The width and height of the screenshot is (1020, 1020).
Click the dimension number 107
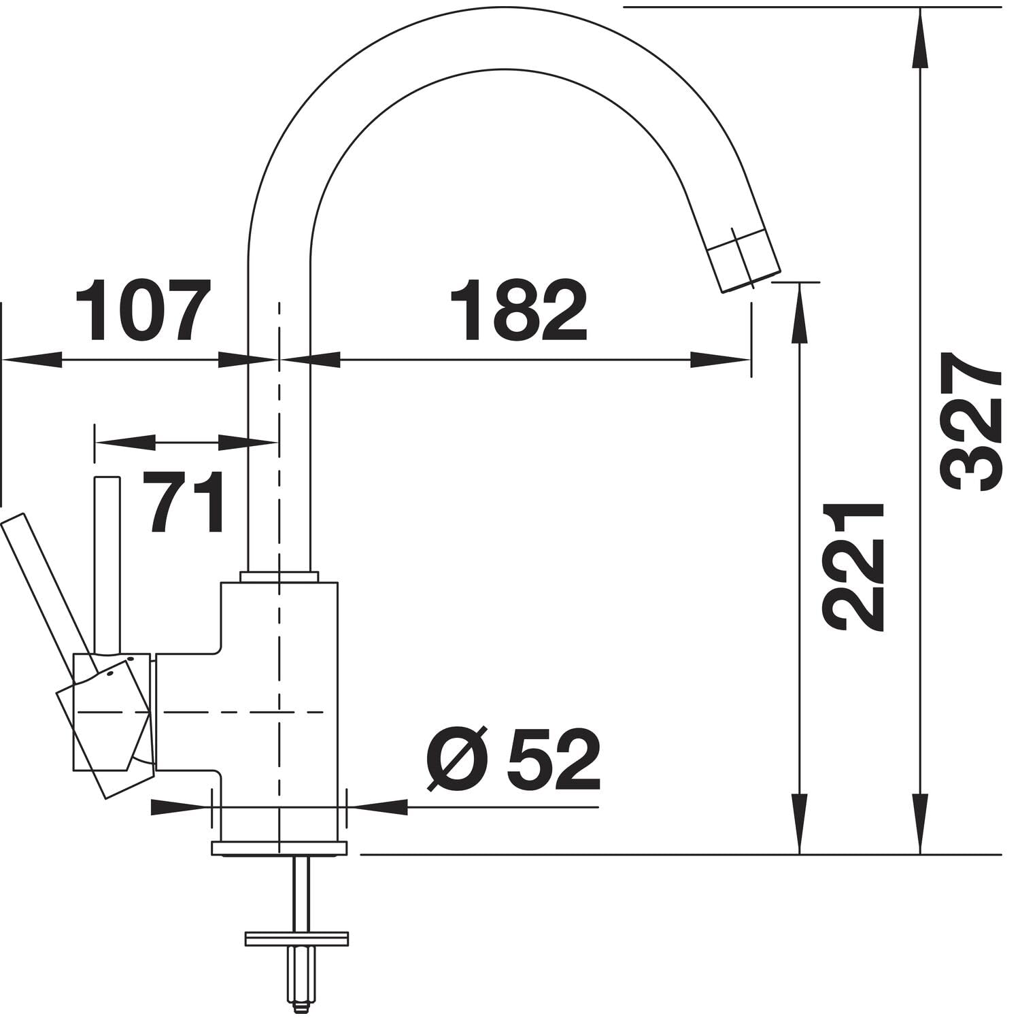tap(140, 311)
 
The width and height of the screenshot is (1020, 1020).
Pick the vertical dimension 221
tap(853, 567)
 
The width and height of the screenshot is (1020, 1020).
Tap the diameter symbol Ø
tap(458, 760)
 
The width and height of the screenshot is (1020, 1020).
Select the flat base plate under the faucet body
tap(279, 848)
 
